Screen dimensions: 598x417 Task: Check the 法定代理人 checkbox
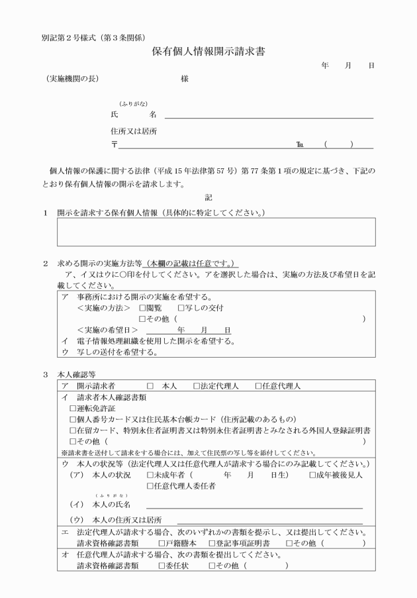[197, 386]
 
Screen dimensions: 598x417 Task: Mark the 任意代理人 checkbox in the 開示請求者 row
[258, 386]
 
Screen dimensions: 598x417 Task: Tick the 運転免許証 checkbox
[73, 409]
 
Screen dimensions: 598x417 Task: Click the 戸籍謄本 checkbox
[162, 543]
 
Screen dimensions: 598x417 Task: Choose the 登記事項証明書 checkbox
[212, 543]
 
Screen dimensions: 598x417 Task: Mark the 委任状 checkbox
[162, 566]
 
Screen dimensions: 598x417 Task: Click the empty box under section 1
[216, 232]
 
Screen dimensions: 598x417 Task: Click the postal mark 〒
[115, 144]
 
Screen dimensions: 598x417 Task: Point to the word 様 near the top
[185, 79]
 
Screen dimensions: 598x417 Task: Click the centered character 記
[208, 197]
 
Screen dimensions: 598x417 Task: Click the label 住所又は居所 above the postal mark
[134, 131]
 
